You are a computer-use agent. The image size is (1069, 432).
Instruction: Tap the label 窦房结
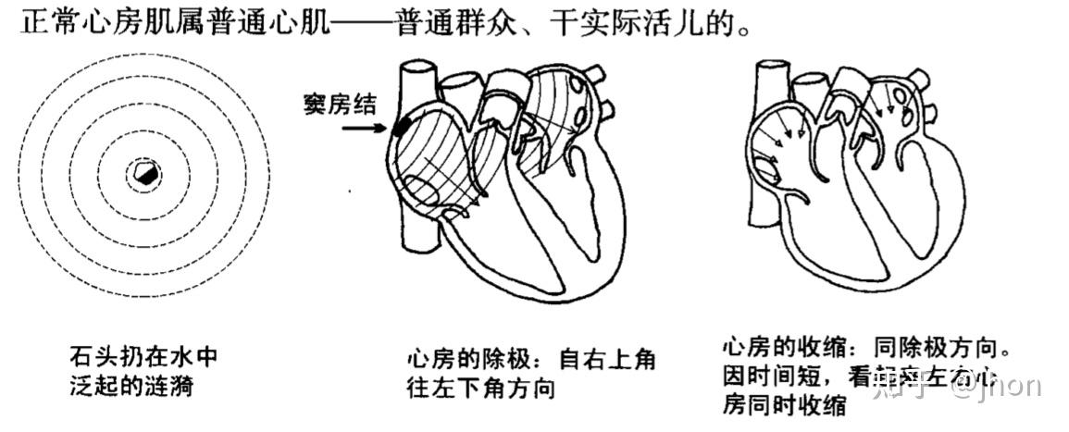pos(340,105)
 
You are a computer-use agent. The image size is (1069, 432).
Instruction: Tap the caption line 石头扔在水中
pos(143,356)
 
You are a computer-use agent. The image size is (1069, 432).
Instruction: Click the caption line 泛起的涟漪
pos(131,386)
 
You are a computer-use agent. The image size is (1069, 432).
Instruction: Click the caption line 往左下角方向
pos(481,388)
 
